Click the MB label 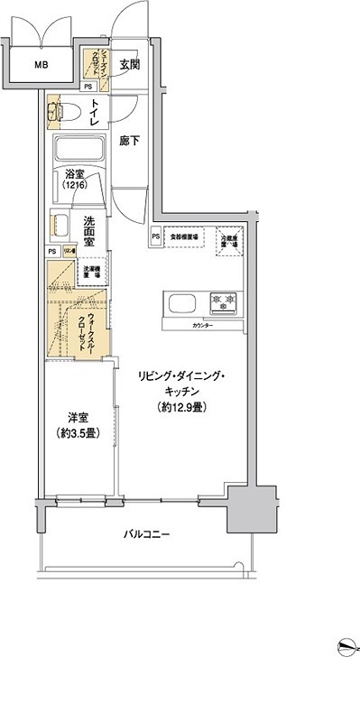42,65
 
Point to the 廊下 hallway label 128,143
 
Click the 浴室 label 75,174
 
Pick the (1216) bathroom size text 75,186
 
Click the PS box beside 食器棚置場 156,236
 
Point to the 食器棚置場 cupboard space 185,236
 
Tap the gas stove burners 223,301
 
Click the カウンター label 203,324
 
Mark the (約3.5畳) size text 78,432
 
